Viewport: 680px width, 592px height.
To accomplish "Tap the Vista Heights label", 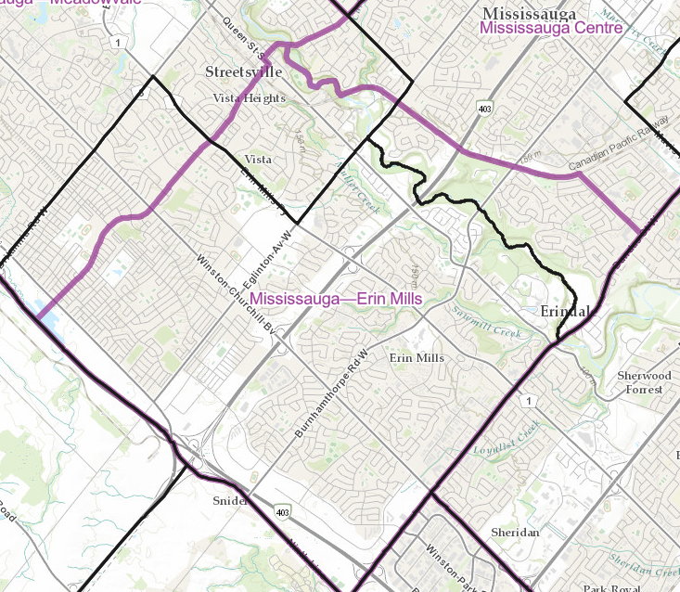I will pyautogui.click(x=250, y=98).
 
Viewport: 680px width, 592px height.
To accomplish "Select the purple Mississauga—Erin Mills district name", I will pyautogui.click(x=336, y=299).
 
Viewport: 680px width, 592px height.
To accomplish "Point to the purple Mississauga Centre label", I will pyautogui.click(x=550, y=30).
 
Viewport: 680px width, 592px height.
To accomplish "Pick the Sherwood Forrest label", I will pyautogui.click(x=643, y=382).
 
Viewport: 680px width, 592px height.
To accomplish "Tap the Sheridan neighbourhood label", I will pyautogui.click(x=515, y=533).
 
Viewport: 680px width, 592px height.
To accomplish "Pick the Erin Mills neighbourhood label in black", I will pyautogui.click(x=417, y=358).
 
